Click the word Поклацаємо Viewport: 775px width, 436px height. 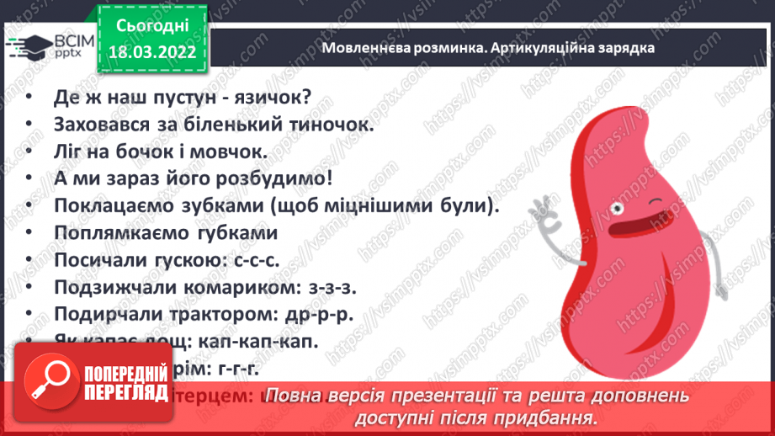click(104, 206)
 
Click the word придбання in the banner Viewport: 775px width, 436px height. click(555, 417)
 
